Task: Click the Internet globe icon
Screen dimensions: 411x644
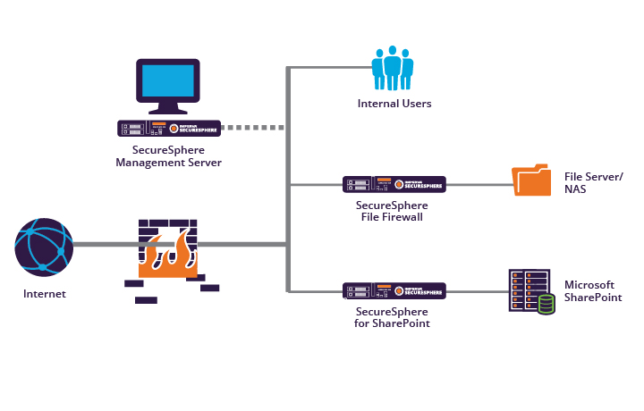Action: [44, 246]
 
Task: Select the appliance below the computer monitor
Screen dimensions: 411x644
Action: [169, 128]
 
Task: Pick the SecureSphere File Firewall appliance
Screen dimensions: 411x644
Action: [394, 184]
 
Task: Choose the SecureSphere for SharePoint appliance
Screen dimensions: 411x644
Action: [394, 291]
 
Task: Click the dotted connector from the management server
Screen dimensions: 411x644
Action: [253, 128]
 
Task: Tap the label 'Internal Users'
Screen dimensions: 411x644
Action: [394, 104]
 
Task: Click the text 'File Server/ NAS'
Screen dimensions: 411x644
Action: [593, 183]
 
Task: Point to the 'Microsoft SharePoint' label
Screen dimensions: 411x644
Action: [592, 291]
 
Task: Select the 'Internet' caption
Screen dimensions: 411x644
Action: [45, 293]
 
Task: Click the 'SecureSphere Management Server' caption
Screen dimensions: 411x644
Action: [169, 156]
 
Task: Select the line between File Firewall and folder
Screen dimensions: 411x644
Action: [479, 185]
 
